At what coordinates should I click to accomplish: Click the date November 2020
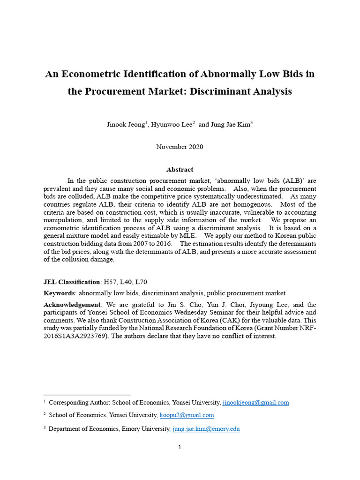click(180, 147)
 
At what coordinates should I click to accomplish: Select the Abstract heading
click(180, 170)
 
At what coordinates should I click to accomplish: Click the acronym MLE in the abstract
click(190, 236)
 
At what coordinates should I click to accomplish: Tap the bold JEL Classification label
click(72, 282)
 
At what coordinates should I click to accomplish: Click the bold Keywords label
click(59, 293)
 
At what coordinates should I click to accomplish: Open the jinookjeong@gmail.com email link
click(255, 403)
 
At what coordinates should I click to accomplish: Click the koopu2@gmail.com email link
click(187, 415)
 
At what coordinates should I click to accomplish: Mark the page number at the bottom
click(180, 447)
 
